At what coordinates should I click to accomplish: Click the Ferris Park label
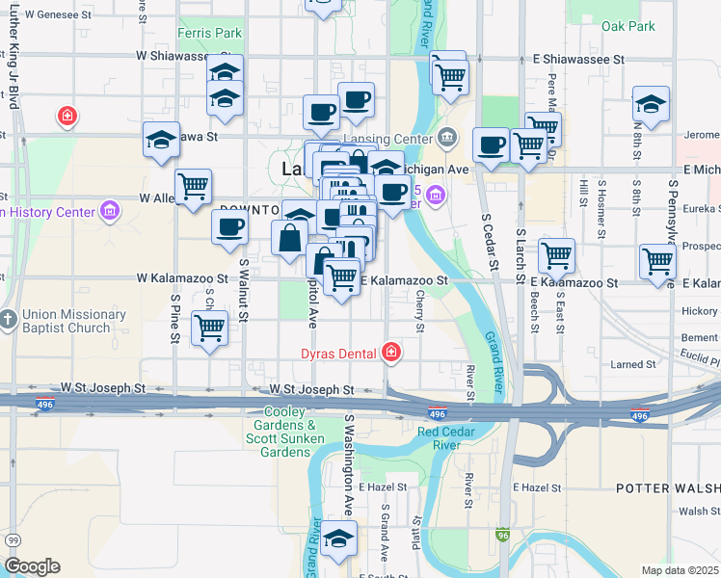[x=209, y=33]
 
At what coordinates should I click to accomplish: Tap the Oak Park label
[x=628, y=26]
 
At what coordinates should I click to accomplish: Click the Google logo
[x=32, y=565]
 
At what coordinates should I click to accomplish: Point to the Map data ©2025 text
[x=680, y=570]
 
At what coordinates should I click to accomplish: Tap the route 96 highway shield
[x=503, y=534]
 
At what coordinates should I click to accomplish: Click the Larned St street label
[x=633, y=365]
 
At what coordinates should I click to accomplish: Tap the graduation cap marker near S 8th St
[x=652, y=103]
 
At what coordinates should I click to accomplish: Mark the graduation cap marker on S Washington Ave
[x=338, y=539]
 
